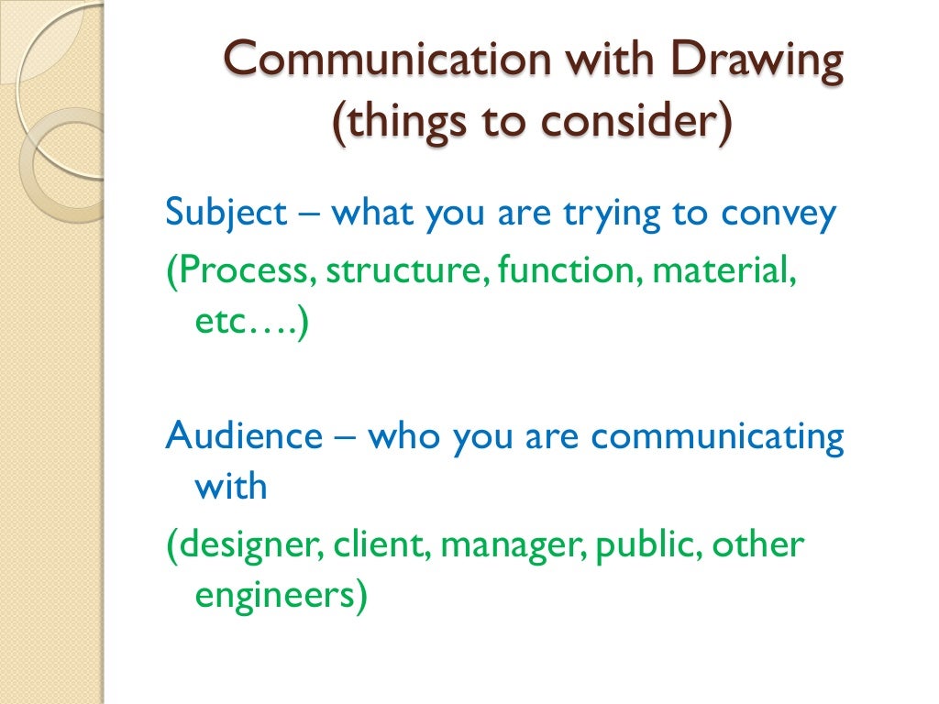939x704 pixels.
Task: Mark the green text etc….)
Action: point(253,324)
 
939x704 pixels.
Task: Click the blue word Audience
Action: point(244,436)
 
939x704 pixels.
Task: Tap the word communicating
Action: point(717,436)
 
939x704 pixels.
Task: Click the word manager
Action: point(516,546)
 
